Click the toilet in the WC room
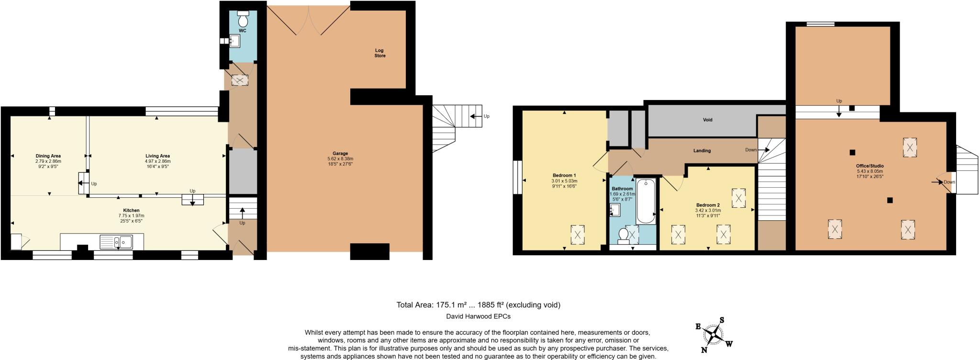243,19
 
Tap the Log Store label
379,53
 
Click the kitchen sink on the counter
117,242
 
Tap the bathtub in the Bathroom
646,201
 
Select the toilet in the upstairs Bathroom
624,236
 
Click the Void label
707,120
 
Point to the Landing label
702,150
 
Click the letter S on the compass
722,320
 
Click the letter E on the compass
698,326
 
